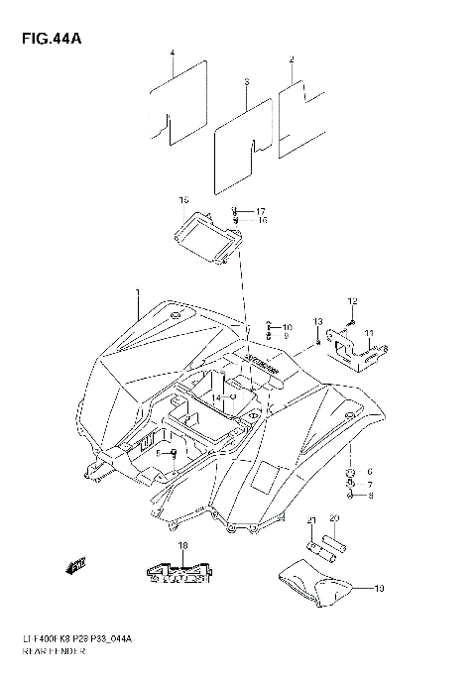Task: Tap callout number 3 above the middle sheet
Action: (x=246, y=80)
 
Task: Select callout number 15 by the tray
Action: (x=183, y=200)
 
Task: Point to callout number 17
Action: (x=261, y=212)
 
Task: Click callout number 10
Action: (x=287, y=327)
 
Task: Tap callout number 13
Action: (x=318, y=322)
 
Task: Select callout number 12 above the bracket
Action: (x=351, y=300)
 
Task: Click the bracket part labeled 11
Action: (x=357, y=347)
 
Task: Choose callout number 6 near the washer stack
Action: (x=370, y=471)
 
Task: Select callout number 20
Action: (x=334, y=519)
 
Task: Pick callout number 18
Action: (x=182, y=546)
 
